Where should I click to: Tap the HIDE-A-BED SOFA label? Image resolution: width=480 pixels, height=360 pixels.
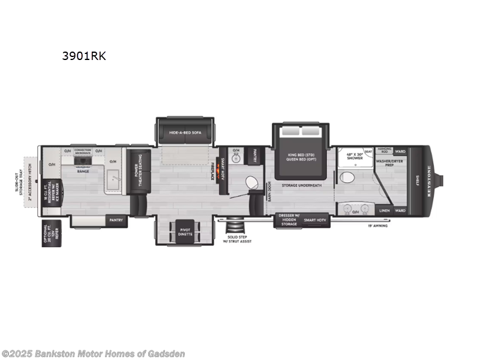pyautogui.click(x=183, y=132)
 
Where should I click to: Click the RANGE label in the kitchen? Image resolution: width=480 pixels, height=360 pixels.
pyautogui.click(x=83, y=172)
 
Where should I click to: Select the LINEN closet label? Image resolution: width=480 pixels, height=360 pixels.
pyautogui.click(x=384, y=211)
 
